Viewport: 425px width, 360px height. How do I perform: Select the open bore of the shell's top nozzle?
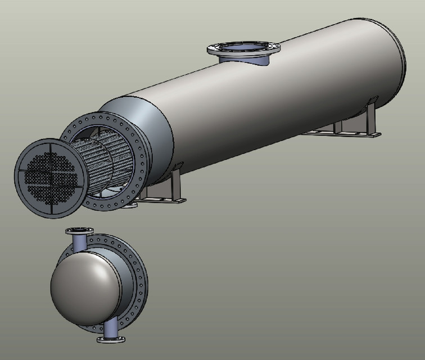(x=244, y=47)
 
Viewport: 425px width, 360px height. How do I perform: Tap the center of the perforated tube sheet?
(x=50, y=174)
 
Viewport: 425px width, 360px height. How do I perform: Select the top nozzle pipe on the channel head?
(x=79, y=243)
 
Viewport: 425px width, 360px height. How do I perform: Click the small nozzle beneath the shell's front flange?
(x=130, y=206)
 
